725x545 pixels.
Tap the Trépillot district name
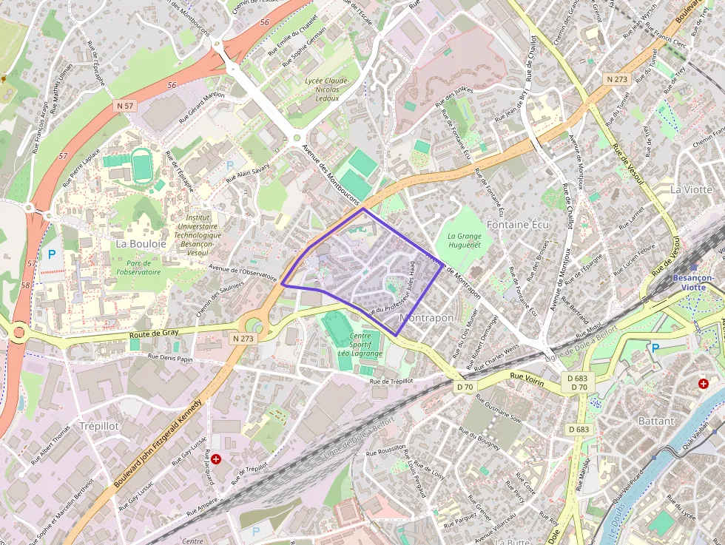(x=98, y=426)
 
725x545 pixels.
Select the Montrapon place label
(x=426, y=317)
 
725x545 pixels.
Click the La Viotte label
(x=691, y=189)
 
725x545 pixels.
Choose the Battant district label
(x=656, y=421)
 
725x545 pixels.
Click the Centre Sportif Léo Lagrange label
(x=360, y=345)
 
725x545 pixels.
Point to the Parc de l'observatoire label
(x=138, y=267)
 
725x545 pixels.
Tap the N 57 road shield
(x=125, y=106)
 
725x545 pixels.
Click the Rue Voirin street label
(x=527, y=379)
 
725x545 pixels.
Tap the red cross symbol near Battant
(x=704, y=384)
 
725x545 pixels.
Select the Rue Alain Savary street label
(x=248, y=174)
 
